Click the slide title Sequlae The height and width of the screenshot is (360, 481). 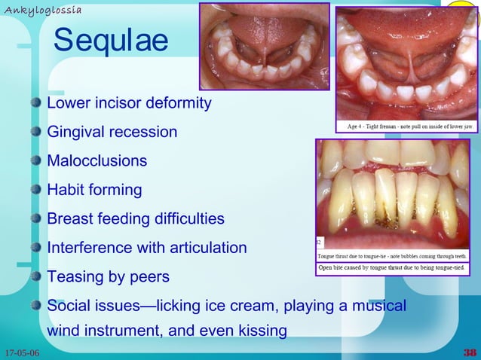[x=110, y=42]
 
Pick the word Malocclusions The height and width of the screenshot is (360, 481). [x=97, y=161]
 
